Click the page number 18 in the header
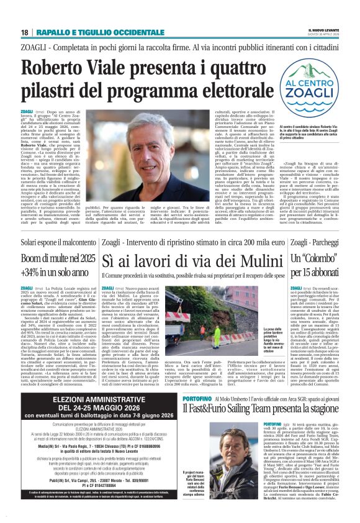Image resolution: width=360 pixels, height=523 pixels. coord(24,32)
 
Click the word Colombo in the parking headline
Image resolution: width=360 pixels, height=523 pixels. coord(322,257)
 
